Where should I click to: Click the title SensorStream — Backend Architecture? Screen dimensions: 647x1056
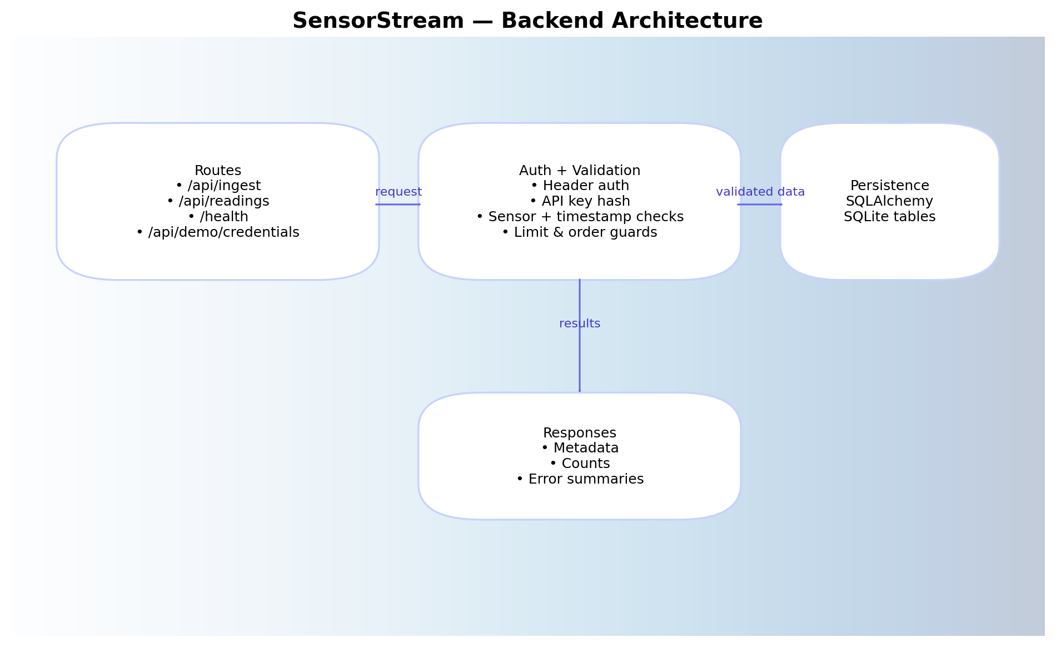527,21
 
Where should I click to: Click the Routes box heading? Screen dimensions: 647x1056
218,171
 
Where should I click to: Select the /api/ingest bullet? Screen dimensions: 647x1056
218,186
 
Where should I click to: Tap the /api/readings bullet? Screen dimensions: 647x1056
218,201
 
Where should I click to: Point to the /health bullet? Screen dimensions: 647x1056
218,217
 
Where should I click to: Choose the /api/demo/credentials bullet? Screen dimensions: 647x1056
218,232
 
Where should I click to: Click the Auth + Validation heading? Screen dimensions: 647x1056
580,171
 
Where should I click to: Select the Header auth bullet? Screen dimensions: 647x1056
580,186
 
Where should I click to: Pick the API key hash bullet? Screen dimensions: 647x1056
580,201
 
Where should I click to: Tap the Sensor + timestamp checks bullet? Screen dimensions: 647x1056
580,217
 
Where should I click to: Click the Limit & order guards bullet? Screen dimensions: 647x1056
580,232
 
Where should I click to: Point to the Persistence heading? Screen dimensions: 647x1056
889,186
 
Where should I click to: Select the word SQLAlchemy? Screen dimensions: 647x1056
889,201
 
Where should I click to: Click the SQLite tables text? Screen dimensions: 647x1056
889,217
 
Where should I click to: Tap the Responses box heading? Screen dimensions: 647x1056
580,433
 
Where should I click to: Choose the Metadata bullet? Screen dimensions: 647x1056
580,448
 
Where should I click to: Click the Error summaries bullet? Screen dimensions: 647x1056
580,479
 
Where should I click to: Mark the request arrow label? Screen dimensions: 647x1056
399,192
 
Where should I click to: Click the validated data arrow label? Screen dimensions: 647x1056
760,192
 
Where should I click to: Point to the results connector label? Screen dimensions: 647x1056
580,323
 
